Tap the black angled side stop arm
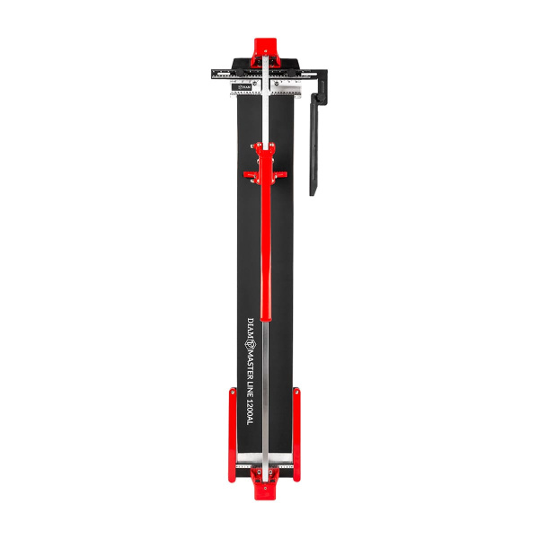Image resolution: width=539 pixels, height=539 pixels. [x=314, y=148]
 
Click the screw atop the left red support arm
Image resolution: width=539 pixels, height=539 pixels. [x=232, y=392]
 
